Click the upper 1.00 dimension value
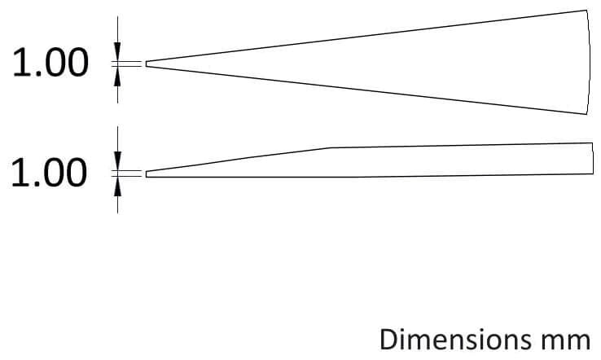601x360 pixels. (50, 63)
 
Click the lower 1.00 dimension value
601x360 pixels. (49, 173)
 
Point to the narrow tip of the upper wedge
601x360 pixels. (146, 64)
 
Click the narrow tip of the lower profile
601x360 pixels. (147, 174)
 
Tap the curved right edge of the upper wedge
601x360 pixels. (590, 61)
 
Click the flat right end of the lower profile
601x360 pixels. (593, 158)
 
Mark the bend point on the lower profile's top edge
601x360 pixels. (331, 147)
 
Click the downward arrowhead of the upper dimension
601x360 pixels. (117, 51)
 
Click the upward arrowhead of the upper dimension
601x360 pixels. (117, 77)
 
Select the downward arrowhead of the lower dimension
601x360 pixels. (117, 161)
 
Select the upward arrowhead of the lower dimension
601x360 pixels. (117, 187)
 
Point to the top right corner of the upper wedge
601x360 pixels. (586, 10)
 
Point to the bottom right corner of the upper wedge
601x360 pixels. (586, 114)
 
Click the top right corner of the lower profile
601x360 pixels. (593, 143)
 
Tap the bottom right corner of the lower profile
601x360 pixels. (593, 173)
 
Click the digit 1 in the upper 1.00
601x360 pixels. (20, 63)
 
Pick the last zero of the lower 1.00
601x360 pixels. (77, 173)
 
